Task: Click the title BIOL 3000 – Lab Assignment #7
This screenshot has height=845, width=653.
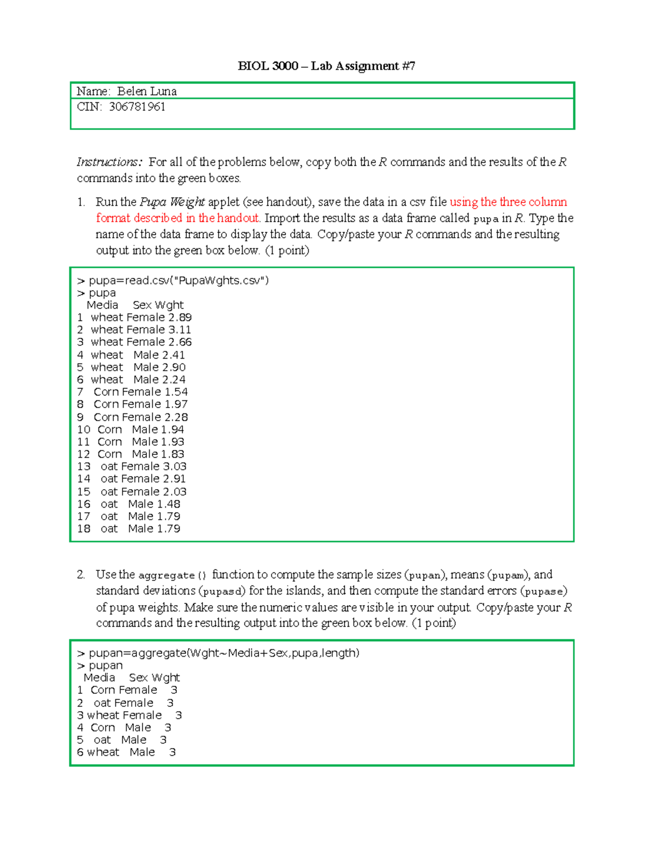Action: tap(326, 66)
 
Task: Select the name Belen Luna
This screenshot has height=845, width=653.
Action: tap(147, 91)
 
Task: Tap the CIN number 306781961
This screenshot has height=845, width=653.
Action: tap(137, 107)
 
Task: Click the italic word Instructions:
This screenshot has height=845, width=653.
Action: tap(109, 162)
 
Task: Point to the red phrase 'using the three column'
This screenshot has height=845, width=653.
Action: tap(508, 202)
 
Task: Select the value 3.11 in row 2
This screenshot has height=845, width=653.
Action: tap(180, 330)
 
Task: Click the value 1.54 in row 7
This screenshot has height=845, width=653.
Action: tap(176, 392)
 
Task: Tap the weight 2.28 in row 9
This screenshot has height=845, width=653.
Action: tap(176, 417)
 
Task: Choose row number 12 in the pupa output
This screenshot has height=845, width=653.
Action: tap(84, 454)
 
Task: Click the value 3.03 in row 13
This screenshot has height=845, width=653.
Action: tap(175, 466)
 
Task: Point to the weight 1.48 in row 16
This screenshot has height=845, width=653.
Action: tap(169, 504)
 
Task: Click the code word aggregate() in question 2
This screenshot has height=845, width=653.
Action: tap(173, 575)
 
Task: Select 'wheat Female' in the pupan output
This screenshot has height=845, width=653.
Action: tap(125, 716)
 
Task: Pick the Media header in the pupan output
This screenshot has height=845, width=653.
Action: tap(99, 678)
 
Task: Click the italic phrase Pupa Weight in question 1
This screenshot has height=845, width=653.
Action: tap(172, 202)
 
